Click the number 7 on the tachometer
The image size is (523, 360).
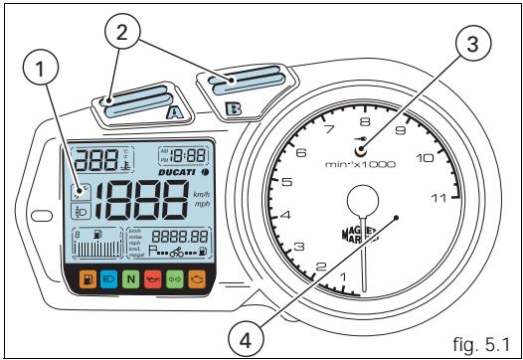click(328, 130)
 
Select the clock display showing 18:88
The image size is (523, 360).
click(190, 154)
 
